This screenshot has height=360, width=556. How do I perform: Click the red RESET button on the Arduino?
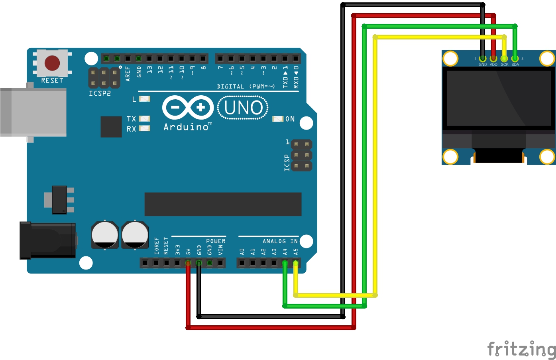click(52, 63)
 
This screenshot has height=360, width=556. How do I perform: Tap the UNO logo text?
click(243, 108)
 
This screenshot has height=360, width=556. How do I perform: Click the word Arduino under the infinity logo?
click(186, 127)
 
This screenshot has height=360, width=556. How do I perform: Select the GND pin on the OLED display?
click(483, 59)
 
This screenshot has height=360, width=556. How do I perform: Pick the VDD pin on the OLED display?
click(493, 59)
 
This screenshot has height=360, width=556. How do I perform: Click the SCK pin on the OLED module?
click(504, 59)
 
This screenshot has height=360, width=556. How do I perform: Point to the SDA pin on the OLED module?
click(515, 59)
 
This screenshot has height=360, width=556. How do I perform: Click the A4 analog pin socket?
click(285, 263)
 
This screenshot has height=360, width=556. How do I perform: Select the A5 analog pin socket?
click(296, 263)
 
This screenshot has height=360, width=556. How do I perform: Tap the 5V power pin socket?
click(188, 263)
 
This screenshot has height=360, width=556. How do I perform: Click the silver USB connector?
click(33, 112)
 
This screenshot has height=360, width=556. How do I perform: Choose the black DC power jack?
click(48, 240)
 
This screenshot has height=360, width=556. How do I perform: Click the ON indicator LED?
click(278, 119)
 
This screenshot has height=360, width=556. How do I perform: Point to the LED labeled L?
click(145, 98)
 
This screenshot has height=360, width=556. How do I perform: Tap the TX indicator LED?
click(145, 118)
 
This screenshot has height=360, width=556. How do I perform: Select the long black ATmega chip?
click(223, 204)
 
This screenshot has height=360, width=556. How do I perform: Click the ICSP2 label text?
click(100, 93)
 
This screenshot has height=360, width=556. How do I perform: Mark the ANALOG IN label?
click(280, 241)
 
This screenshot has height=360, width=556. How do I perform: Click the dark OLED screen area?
click(498, 98)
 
